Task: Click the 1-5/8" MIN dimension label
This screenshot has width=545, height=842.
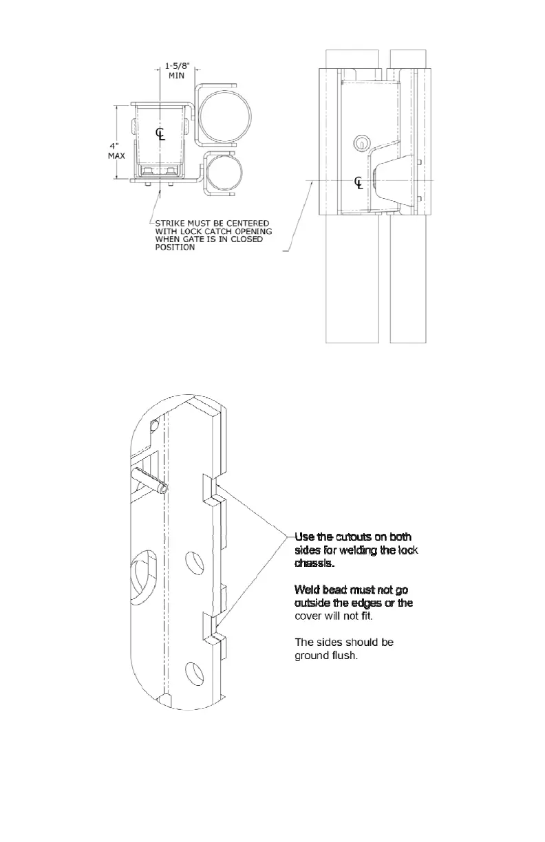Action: coord(177,71)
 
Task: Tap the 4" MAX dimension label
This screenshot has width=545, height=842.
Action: coord(116,150)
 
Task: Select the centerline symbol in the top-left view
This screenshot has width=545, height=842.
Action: coord(160,133)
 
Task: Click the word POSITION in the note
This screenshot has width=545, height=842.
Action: coord(175,248)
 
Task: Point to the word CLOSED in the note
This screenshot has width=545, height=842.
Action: coord(247,239)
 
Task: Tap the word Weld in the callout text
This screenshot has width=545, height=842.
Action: coord(307,590)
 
